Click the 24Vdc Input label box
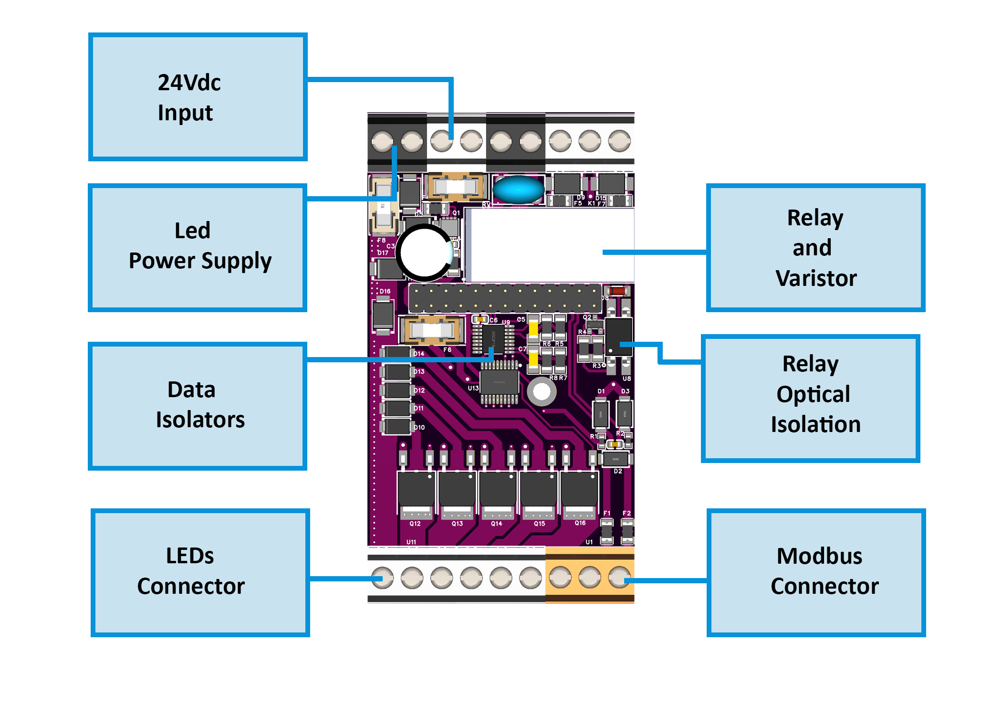coord(197,97)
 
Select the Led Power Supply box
coord(197,247)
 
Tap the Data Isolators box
coord(197,406)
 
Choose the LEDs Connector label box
coord(199,572)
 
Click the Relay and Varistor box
coord(815,247)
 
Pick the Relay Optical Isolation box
coord(810,398)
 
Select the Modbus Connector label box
coord(815,572)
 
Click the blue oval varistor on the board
coord(518,190)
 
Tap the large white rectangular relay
coord(549,245)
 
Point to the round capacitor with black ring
coord(425,253)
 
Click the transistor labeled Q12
coord(416,494)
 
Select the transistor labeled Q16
coord(579,494)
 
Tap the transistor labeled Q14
coord(497,494)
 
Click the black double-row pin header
coord(505,298)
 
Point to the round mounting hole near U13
coord(542,392)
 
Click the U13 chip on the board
coord(499,382)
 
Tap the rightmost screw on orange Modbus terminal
coord(619,578)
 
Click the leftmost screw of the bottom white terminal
coord(382,578)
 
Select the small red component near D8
coord(617,291)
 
